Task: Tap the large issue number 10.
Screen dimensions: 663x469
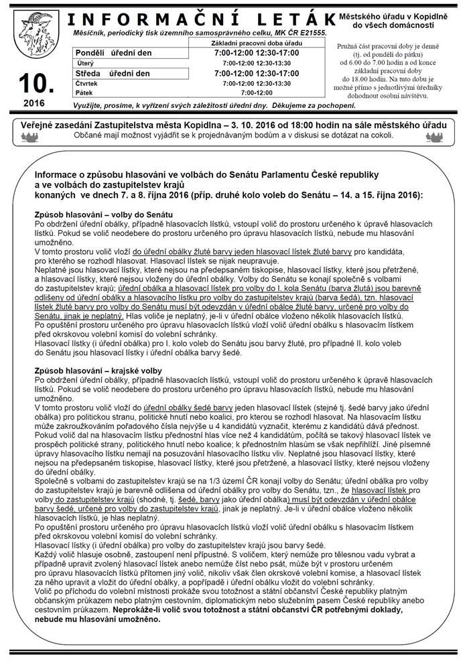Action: click(29, 84)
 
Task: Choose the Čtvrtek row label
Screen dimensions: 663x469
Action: click(86, 83)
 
